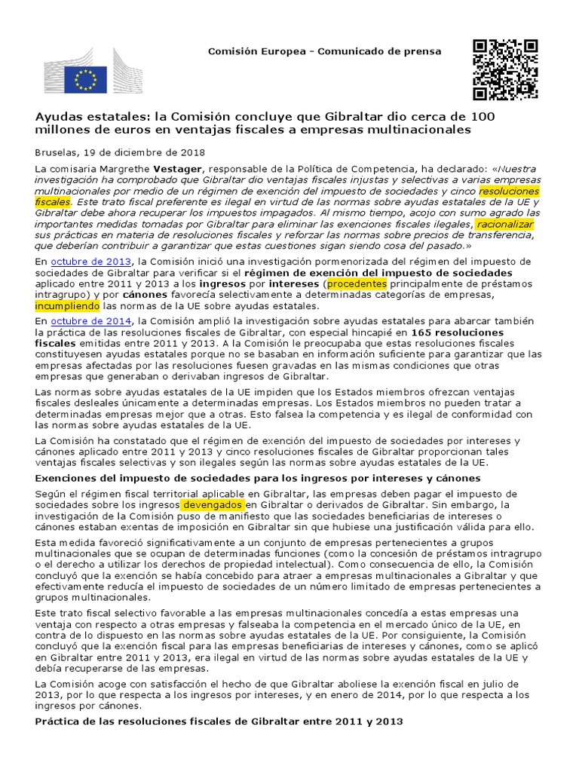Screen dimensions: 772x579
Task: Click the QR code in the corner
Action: [x=505, y=69]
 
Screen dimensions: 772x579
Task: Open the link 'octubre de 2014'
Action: [x=83, y=321]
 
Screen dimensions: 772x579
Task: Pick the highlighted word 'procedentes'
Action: [x=357, y=283]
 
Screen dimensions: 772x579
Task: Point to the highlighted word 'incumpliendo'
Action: [x=67, y=306]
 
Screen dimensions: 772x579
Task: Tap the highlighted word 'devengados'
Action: [x=213, y=504]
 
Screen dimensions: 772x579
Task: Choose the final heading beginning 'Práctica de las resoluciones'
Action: [x=219, y=721]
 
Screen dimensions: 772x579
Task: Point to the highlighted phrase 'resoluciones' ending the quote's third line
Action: [x=510, y=191]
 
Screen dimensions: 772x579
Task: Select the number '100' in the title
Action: [x=482, y=117]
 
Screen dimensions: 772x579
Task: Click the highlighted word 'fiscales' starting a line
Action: [x=54, y=203]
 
